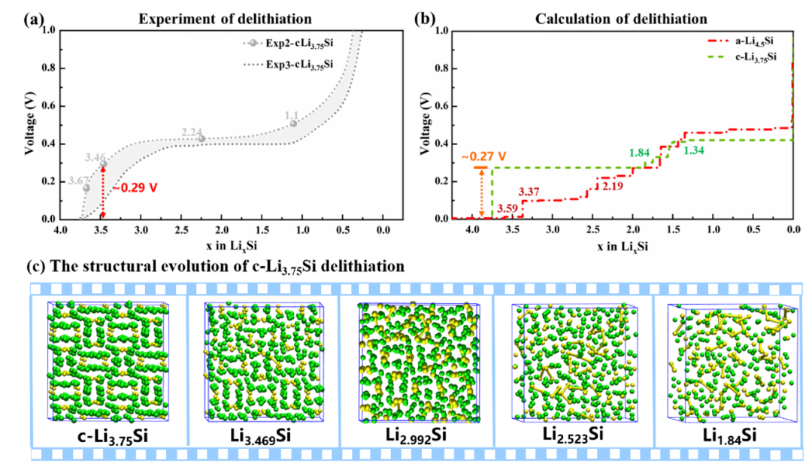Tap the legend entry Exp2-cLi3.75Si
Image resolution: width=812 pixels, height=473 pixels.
290,43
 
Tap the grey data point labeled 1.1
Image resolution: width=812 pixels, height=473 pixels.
293,123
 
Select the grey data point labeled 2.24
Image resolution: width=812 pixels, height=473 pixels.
201,138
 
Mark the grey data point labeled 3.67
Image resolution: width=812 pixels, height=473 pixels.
86,188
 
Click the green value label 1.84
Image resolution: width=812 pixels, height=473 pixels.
641,153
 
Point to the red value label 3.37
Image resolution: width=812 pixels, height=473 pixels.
530,193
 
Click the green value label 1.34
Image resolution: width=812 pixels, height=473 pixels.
695,150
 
